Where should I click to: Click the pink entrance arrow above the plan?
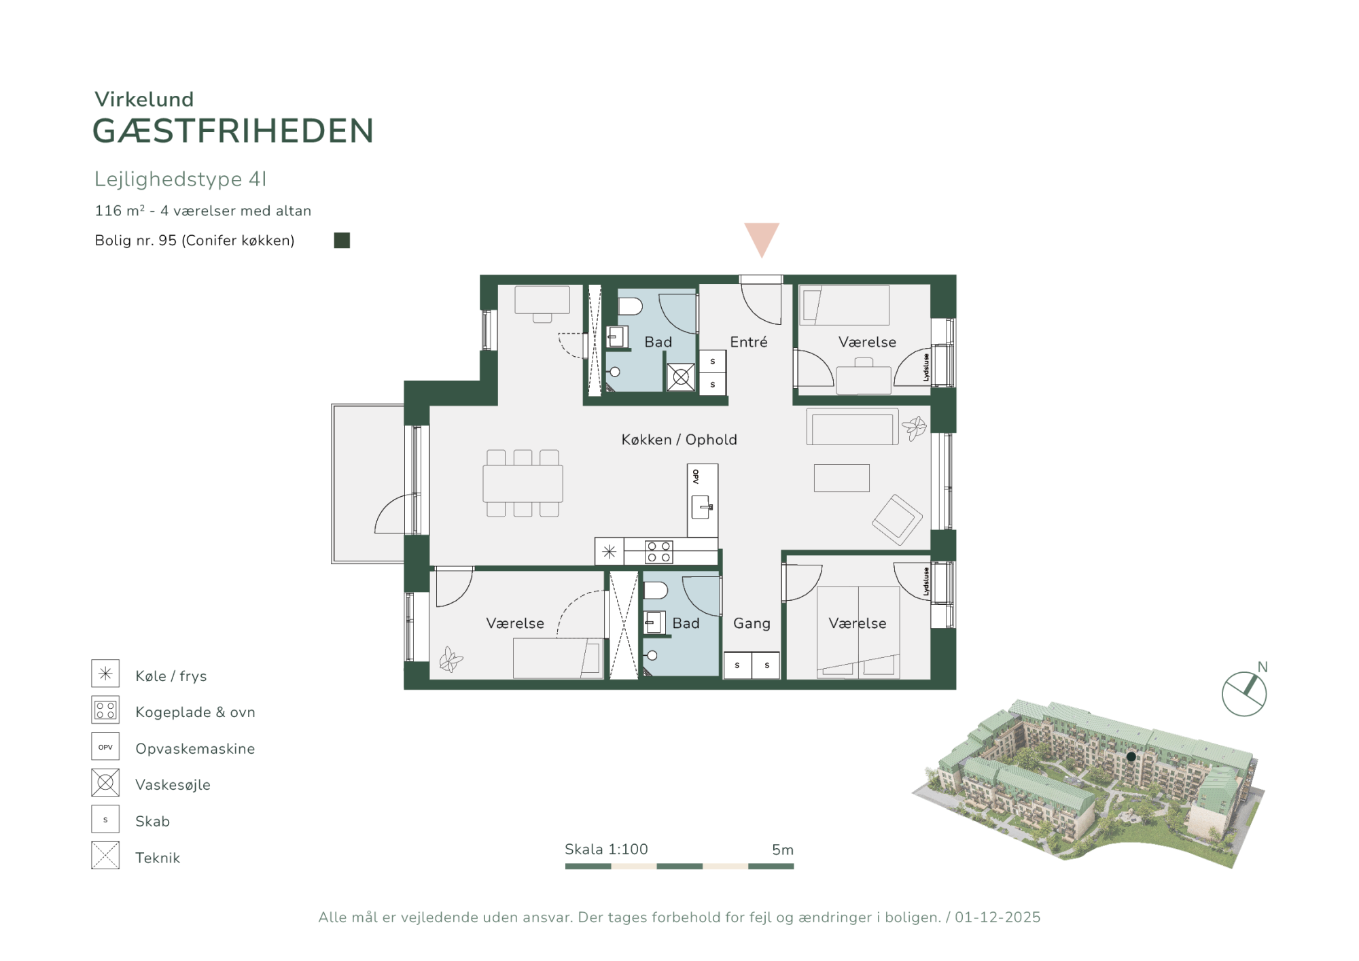point(762,238)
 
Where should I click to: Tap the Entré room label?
point(749,342)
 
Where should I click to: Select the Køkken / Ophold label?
point(679,440)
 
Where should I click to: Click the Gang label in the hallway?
point(752,623)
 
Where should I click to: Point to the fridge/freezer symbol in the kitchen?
point(610,552)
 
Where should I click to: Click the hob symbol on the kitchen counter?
point(658,552)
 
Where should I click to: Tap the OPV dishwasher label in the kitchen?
point(696,476)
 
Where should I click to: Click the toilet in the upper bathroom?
point(630,307)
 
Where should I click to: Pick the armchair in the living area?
point(898,520)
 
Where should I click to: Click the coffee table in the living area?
point(842,478)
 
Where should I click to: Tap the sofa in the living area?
point(853,427)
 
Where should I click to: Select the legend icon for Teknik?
point(105,856)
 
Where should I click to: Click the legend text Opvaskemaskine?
point(195,748)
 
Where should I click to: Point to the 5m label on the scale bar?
point(783,850)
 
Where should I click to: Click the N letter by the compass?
point(1263,667)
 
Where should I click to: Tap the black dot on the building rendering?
point(1131,756)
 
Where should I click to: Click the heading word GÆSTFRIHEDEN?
point(233,131)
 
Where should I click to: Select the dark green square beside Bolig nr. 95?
point(342,241)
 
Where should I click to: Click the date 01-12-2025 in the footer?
point(998,918)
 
